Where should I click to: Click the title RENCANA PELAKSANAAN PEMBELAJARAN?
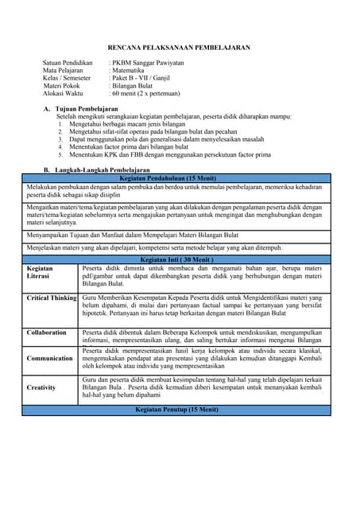(x=179, y=48)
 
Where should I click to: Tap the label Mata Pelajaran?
(x=63, y=70)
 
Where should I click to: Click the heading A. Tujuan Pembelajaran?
(x=80, y=108)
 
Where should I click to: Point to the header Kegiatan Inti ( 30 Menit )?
(x=179, y=259)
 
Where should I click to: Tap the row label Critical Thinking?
(x=52, y=298)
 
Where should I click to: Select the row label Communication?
(x=49, y=358)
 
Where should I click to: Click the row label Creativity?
(x=41, y=387)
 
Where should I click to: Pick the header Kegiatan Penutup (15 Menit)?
(x=179, y=409)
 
